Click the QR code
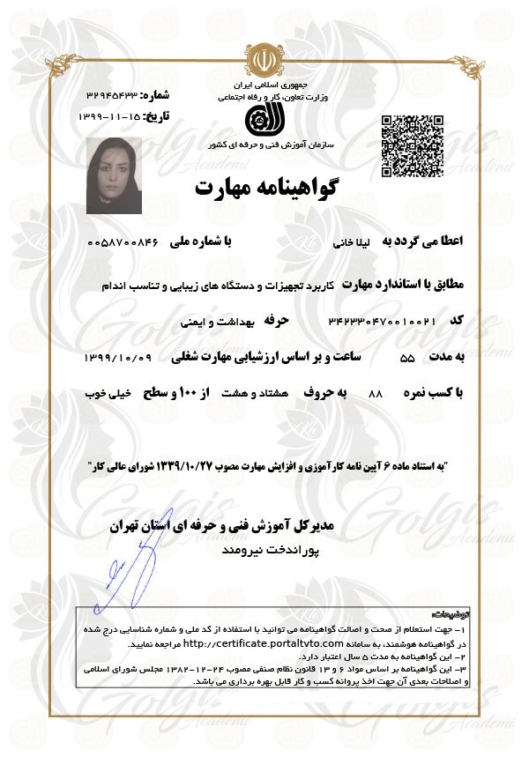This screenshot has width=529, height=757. pyautogui.click(x=411, y=146)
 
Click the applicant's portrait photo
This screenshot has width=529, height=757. pyautogui.click(x=114, y=175)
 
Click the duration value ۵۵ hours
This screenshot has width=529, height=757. pyautogui.click(x=406, y=359)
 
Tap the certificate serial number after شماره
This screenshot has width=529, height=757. pyautogui.click(x=113, y=94)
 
